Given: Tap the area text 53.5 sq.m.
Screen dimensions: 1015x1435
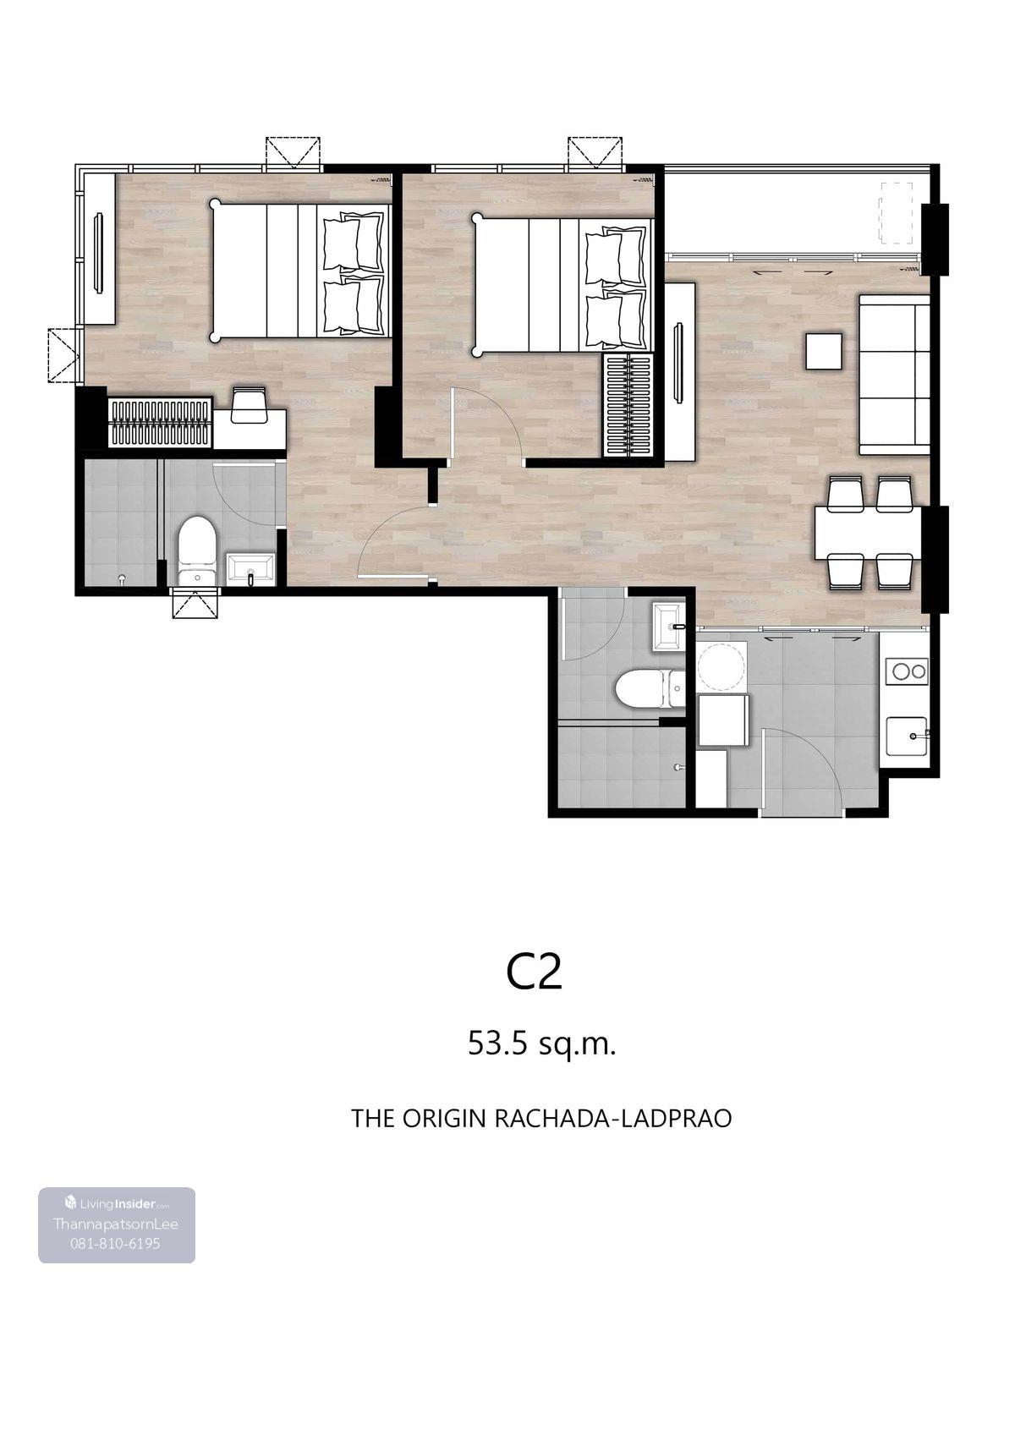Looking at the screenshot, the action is pos(541,1044).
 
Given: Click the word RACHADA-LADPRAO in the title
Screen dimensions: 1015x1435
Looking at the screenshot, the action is pos(613,1118).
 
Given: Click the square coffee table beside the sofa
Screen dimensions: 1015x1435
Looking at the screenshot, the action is pos(823,351).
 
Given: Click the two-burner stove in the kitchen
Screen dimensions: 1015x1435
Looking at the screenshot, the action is pos(905,671).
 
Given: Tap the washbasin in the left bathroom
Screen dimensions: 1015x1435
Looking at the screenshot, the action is pos(250,569).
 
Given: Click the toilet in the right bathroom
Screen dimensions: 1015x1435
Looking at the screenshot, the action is pos(649,688).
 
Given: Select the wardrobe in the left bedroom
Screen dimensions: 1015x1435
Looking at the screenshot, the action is pos(159,423).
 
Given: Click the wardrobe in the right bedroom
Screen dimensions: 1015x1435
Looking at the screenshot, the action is pos(628,405).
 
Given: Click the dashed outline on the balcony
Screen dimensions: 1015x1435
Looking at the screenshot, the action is pos(897,213).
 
